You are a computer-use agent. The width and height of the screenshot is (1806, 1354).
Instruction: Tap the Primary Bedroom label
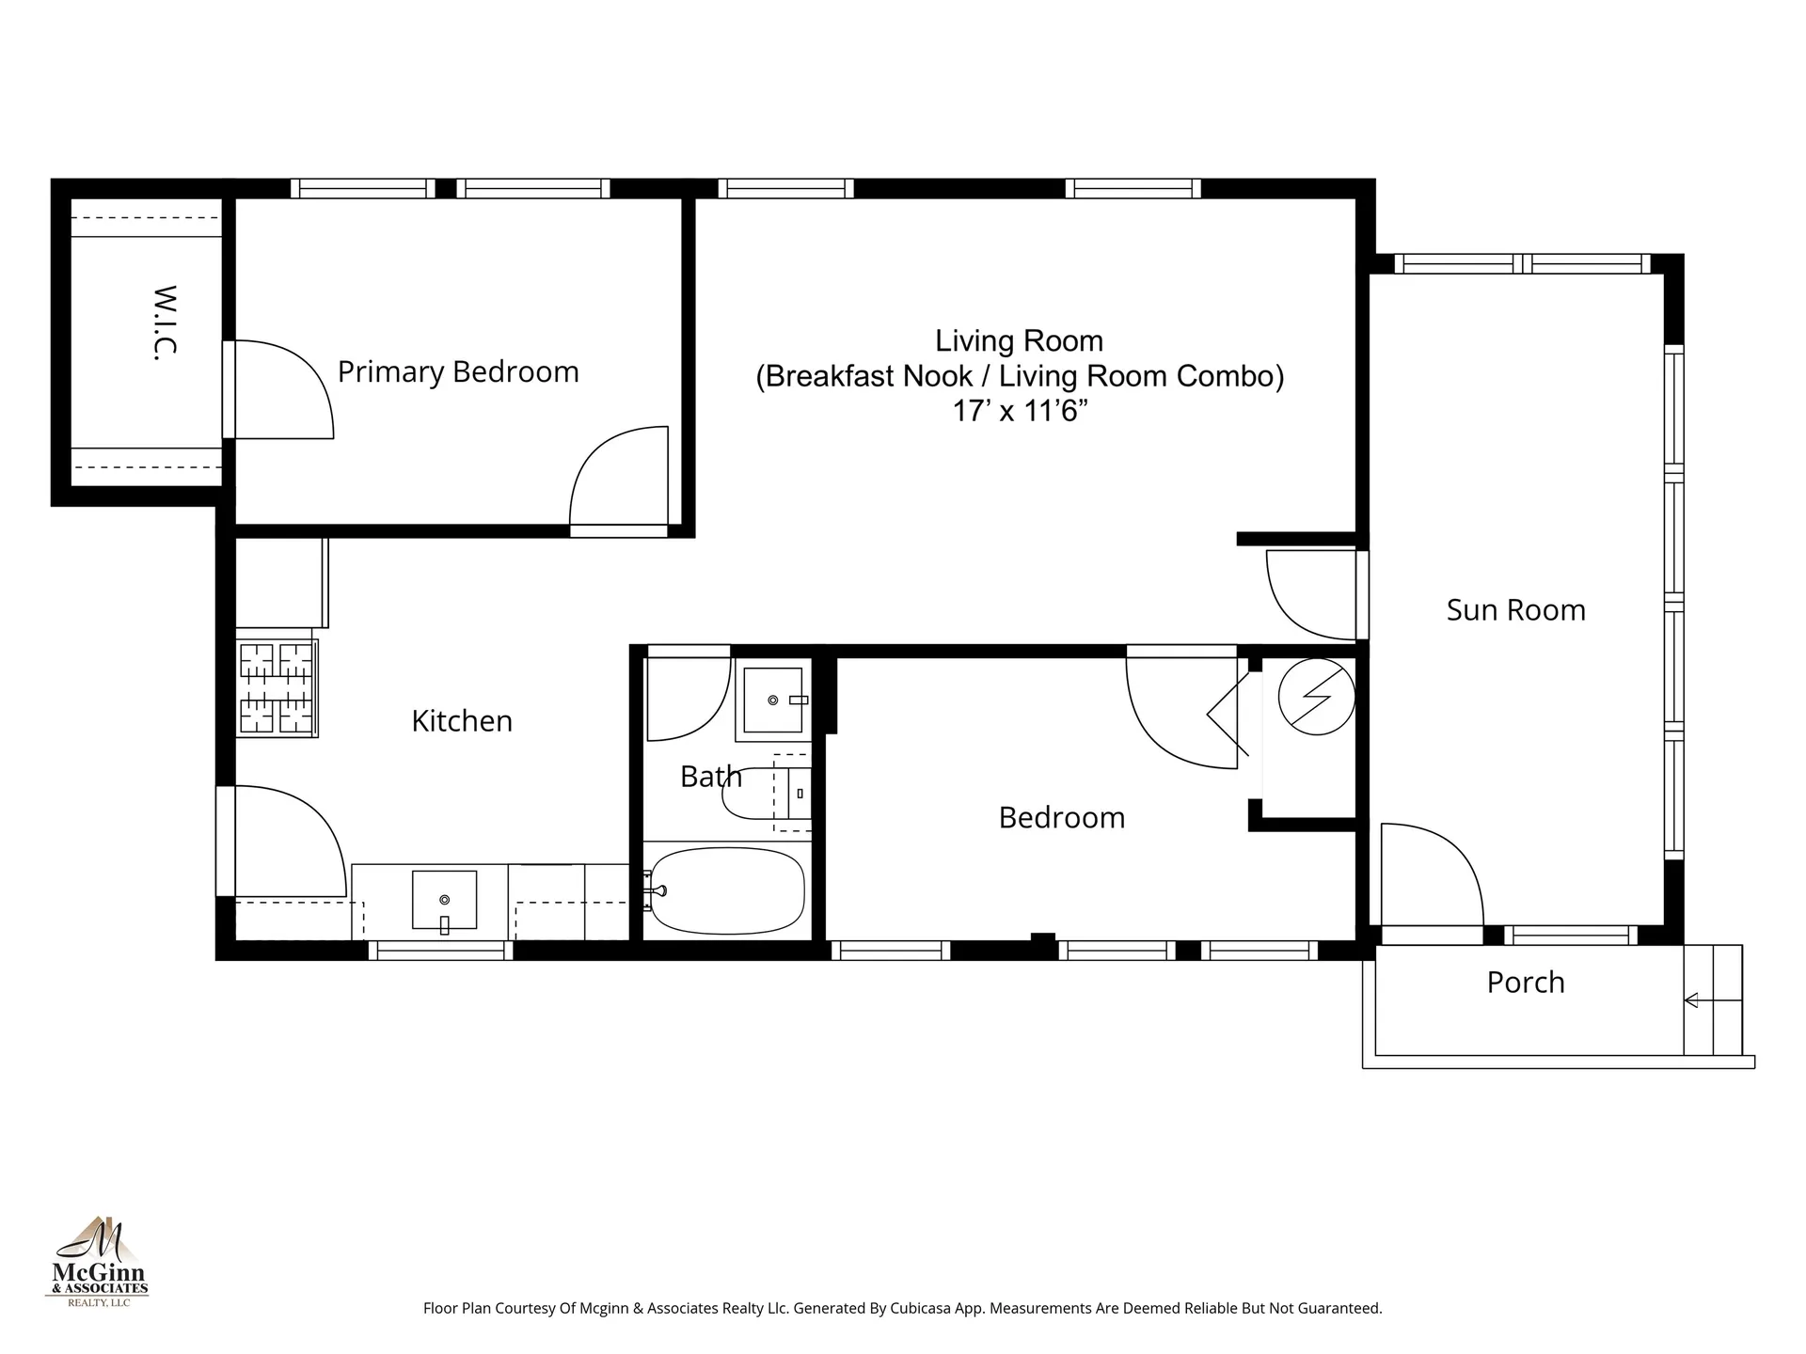[x=458, y=371]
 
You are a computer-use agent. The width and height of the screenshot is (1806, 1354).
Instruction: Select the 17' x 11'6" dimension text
[x=1020, y=411]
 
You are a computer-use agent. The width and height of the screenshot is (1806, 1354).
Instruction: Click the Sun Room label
[x=1515, y=609]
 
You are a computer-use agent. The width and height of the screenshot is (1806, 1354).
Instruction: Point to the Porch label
[x=1525, y=982]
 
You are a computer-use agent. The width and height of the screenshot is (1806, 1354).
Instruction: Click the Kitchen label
[x=462, y=720]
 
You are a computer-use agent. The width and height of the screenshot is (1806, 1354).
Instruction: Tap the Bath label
[x=710, y=777]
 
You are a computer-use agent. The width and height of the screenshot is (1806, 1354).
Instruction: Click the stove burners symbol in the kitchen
[x=277, y=687]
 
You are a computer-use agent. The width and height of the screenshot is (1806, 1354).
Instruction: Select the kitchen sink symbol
[x=444, y=901]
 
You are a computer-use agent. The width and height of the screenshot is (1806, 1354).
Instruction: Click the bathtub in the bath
[x=726, y=890]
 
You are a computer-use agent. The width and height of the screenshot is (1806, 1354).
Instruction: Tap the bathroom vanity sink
[x=773, y=701]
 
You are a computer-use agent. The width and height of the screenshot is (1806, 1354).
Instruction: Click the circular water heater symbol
[x=1316, y=697]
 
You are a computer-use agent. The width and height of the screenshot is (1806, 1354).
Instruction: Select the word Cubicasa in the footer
[x=918, y=1308]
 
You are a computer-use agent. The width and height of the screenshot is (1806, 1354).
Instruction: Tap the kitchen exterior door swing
[x=287, y=842]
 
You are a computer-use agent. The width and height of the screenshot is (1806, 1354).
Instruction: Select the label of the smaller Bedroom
[x=1061, y=817]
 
